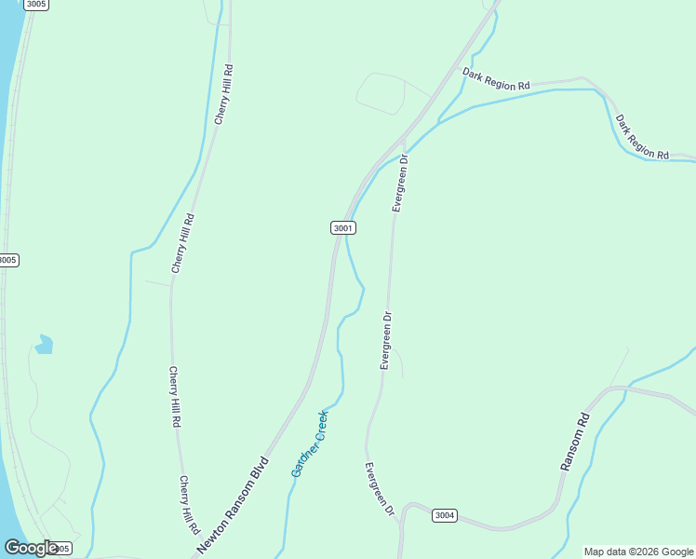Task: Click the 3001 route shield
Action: (x=342, y=227)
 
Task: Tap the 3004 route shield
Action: (x=445, y=515)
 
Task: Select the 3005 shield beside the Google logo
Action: (x=60, y=549)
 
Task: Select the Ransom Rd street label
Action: (x=575, y=441)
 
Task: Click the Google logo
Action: (x=31, y=548)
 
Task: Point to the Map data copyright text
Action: (x=637, y=552)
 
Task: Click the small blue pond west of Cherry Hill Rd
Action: (x=43, y=346)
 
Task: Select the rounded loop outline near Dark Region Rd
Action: (x=381, y=93)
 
